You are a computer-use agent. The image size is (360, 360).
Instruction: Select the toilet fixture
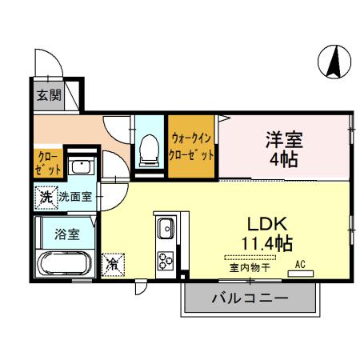[149, 149]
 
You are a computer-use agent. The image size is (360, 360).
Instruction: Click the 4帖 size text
[283, 159]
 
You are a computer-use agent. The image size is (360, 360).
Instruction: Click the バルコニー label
[250, 300]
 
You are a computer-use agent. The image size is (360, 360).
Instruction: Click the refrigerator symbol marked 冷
[113, 262]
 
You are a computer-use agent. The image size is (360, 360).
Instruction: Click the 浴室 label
[66, 234]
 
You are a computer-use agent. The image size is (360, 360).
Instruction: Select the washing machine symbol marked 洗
[46, 195]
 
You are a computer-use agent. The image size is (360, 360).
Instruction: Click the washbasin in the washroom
[81, 167]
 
